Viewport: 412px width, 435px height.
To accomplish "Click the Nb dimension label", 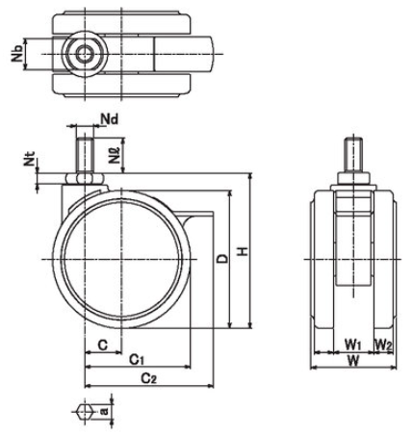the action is coord(17,54).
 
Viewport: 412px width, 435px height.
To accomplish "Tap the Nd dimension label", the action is coord(110,119).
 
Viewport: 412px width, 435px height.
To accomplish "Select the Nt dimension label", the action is coord(30,159).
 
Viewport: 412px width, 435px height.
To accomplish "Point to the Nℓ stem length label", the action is coord(115,155).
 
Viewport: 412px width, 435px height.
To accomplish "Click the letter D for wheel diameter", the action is coord(222,258).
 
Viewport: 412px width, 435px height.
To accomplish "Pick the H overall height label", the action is coord(244,251).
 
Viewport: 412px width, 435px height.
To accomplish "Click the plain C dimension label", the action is coord(103,345).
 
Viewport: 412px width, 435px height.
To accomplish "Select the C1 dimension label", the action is coord(137,360).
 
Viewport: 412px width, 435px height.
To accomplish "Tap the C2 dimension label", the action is coord(149,378).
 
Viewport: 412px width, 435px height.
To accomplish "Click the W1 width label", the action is coord(353,345).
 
